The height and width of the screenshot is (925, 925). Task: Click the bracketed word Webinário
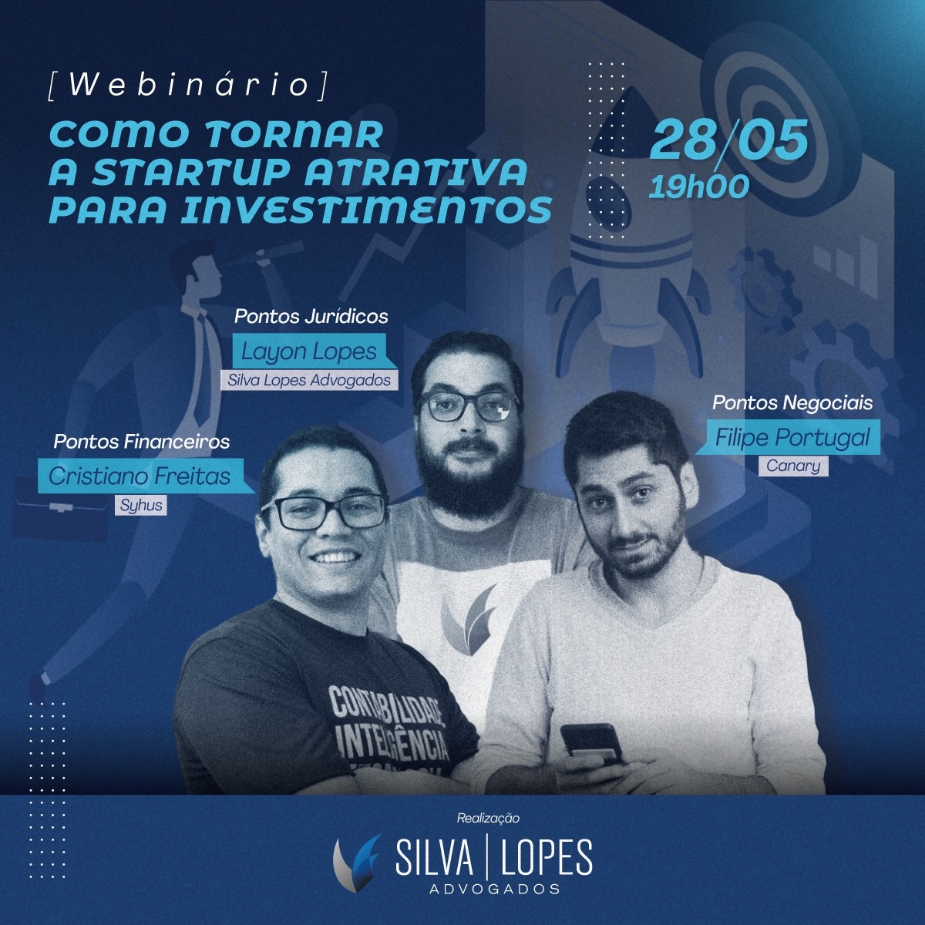tap(187, 86)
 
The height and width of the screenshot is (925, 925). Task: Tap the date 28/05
tap(728, 140)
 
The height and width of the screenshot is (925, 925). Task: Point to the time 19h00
tap(698, 187)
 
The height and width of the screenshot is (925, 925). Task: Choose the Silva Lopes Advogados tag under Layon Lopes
tap(309, 380)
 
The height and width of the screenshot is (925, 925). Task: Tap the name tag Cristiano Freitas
tap(140, 476)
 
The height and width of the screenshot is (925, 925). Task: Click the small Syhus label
tap(140, 505)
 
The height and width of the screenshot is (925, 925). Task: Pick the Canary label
tap(793, 466)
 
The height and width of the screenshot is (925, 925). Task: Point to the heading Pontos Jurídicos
tap(311, 317)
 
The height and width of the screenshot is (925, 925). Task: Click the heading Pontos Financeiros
tap(142, 442)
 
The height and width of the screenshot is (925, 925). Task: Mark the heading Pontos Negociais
tap(792, 403)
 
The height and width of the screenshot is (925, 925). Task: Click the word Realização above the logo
tap(488, 818)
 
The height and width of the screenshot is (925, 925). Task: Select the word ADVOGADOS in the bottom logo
tap(494, 889)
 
